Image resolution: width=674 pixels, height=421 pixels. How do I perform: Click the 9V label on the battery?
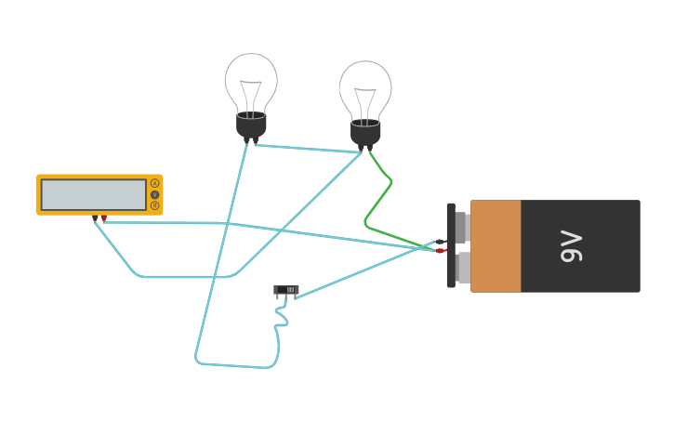click(x=572, y=246)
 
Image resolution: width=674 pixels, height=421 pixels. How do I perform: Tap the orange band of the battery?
click(x=496, y=246)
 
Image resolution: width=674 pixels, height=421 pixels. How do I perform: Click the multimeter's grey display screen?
click(x=94, y=194)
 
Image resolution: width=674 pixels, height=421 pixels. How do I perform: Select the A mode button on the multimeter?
click(x=154, y=184)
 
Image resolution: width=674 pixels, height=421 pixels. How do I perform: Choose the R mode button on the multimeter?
click(x=154, y=205)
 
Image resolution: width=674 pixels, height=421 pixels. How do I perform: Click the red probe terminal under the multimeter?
click(x=103, y=218)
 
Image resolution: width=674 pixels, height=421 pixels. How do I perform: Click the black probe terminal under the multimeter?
click(x=95, y=218)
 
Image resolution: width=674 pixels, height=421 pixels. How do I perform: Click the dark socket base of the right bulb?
click(x=365, y=133)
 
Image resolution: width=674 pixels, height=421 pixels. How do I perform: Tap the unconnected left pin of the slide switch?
click(x=277, y=298)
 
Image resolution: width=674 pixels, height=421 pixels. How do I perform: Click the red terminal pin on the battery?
click(x=441, y=250)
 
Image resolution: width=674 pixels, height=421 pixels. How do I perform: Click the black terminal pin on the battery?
click(x=440, y=242)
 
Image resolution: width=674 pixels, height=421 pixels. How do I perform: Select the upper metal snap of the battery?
click(x=462, y=226)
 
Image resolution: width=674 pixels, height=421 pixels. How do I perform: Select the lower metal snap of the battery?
click(x=462, y=268)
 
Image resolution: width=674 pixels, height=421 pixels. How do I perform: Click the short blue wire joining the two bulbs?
click(x=307, y=149)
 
